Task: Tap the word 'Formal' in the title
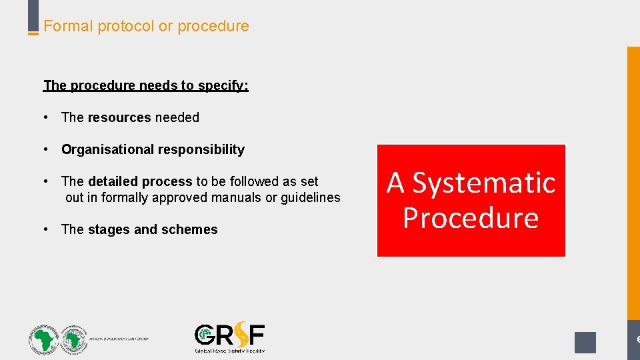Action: pos(69,27)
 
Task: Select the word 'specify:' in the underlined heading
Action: pos(224,85)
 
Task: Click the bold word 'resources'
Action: pos(119,117)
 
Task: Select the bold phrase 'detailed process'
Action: pos(140,181)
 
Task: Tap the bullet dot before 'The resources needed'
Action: pos(45,117)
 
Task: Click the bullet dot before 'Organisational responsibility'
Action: pos(45,149)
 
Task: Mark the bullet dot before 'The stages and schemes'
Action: pos(45,229)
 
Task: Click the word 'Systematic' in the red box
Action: pos(484,183)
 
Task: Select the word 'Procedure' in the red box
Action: pos(471,218)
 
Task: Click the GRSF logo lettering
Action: pos(229,335)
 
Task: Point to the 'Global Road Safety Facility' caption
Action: pos(229,350)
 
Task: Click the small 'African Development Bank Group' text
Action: pos(119,339)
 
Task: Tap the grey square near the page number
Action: pos(585,342)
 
